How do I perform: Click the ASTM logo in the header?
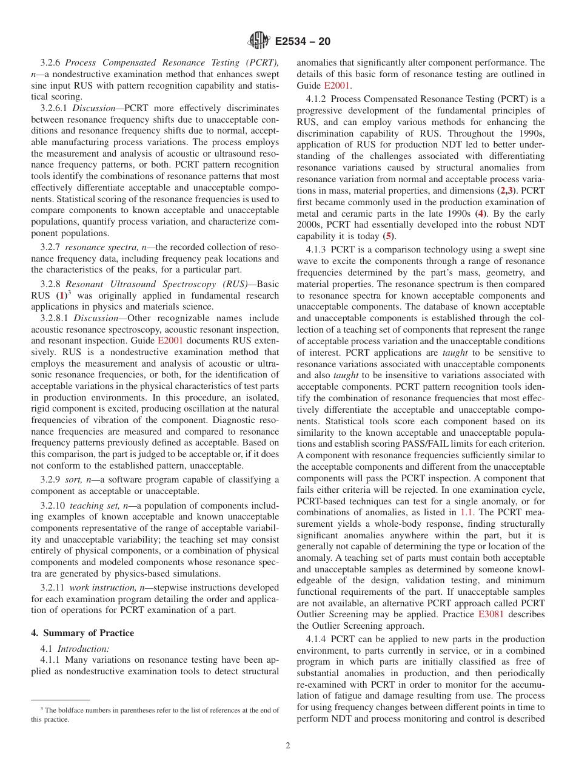[x=259, y=41]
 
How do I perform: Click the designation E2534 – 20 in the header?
[x=303, y=42]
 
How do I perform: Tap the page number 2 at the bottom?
[x=288, y=746]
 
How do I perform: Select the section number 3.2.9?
[x=53, y=480]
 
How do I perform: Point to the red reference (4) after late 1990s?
[x=480, y=213]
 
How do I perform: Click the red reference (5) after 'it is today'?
[x=389, y=236]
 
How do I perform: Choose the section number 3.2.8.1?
[x=56, y=318]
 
